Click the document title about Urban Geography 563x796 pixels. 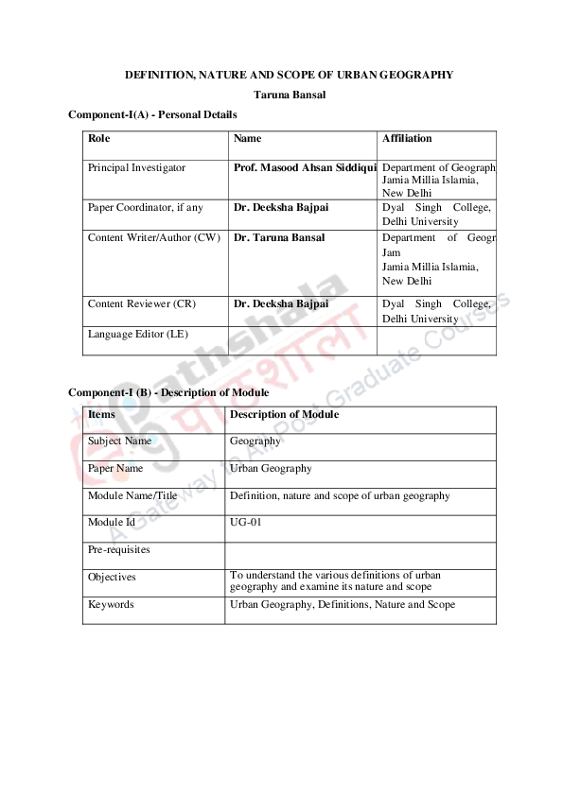[x=290, y=75]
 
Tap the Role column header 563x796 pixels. [x=99, y=139]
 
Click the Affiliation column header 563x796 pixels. [x=407, y=139]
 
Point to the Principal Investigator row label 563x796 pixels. [x=136, y=167]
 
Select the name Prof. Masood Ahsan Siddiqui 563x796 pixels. [x=305, y=167]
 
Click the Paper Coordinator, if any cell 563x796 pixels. [x=145, y=207]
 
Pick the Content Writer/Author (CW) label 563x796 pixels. [x=153, y=237]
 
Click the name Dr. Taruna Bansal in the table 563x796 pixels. [x=279, y=237]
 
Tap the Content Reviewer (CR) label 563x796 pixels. [x=141, y=303]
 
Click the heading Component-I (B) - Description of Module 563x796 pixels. [x=168, y=392]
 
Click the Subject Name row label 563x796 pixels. [x=119, y=441]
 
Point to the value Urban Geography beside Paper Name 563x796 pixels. [x=271, y=468]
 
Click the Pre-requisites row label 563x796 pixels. [x=119, y=549]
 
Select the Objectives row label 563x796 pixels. [x=112, y=577]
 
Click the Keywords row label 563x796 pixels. [x=111, y=604]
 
